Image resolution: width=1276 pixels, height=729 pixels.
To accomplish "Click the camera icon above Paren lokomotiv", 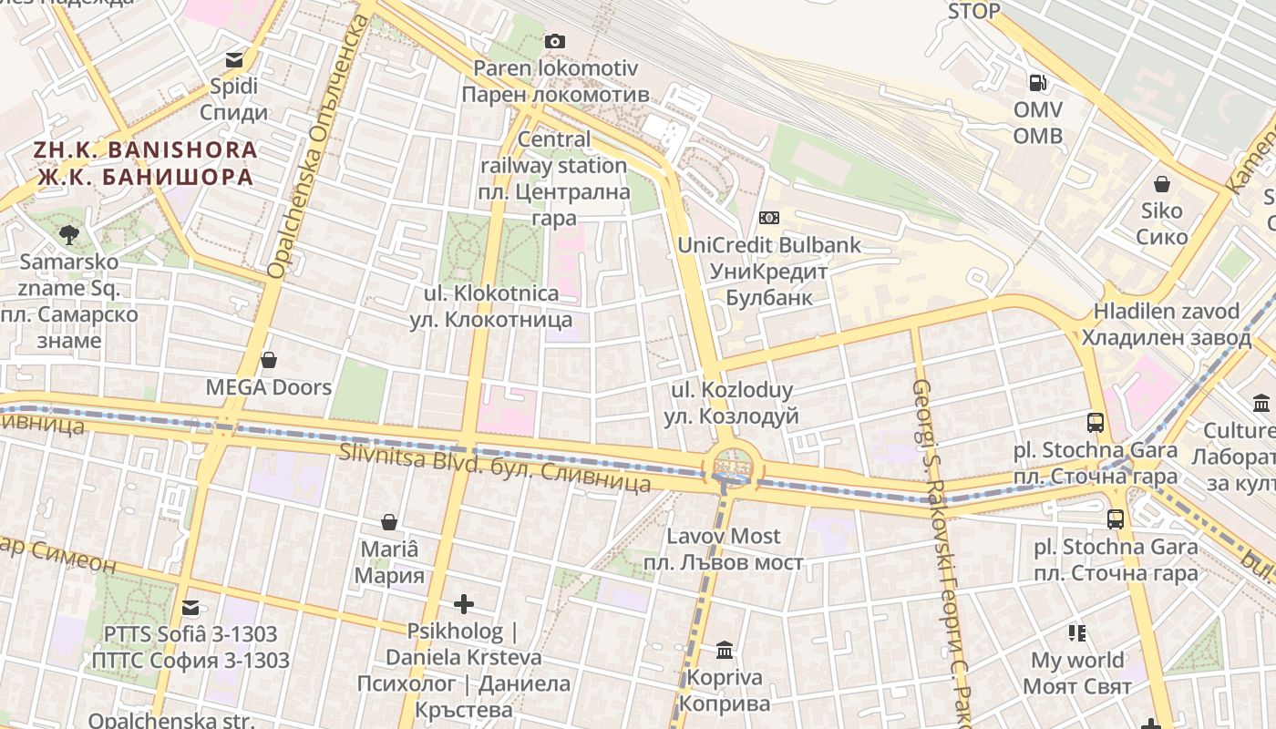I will pyautogui.click(x=554, y=41).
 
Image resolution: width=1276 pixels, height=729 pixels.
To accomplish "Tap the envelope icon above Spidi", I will pyautogui.click(x=234, y=60).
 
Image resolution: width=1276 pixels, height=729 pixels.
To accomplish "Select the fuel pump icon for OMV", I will pyautogui.click(x=1037, y=83).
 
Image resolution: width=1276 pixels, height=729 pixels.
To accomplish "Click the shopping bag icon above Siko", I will pyautogui.click(x=1162, y=184).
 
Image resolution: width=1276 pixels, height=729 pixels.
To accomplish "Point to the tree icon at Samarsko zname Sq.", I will pyautogui.click(x=68, y=235).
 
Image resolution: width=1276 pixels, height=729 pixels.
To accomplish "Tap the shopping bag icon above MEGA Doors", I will pyautogui.click(x=268, y=360).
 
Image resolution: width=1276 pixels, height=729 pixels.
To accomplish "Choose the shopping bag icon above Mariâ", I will pyautogui.click(x=389, y=522).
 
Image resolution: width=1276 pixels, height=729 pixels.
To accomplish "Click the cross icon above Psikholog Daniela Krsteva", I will pyautogui.click(x=463, y=604).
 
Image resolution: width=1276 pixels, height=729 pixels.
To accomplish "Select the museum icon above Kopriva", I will pyautogui.click(x=725, y=651).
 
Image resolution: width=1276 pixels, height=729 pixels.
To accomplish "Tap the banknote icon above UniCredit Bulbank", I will pyautogui.click(x=769, y=218).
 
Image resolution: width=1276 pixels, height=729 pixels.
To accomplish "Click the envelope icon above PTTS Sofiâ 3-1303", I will pyautogui.click(x=190, y=607).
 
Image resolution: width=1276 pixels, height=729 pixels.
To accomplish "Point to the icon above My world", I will pyautogui.click(x=1077, y=632).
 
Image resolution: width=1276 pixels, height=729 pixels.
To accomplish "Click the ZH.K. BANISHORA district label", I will pyautogui.click(x=146, y=163).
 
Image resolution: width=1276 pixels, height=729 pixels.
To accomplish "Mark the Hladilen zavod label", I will pyautogui.click(x=1166, y=324).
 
